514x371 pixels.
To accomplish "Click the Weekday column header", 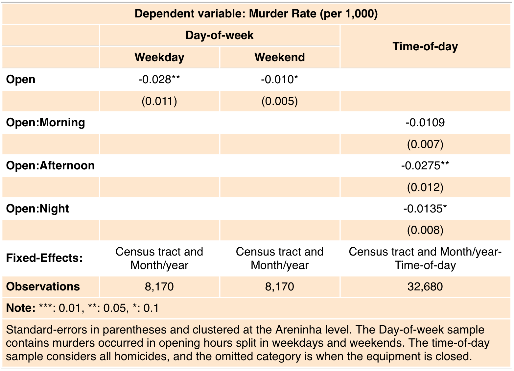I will [x=159, y=57].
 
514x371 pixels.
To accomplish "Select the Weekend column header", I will [x=280, y=57].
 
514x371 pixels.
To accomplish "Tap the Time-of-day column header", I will [x=425, y=46].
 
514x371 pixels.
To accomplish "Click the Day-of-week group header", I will [x=220, y=35].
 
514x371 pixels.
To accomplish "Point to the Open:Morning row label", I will [x=46, y=122].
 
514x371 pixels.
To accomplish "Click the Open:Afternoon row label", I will [x=50, y=165].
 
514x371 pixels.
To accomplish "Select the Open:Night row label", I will [x=37, y=209].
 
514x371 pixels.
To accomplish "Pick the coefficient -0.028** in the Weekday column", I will [x=159, y=79].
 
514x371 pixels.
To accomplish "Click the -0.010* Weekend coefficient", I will [x=280, y=79].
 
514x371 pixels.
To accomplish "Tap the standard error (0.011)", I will [x=159, y=101].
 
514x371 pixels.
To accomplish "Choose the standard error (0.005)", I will [x=280, y=101].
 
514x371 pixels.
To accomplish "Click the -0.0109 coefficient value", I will [x=425, y=122].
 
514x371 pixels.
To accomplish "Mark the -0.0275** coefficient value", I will [x=425, y=165].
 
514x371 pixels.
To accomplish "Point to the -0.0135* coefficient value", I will [x=425, y=209].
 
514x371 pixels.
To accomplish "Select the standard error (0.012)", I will [x=425, y=187].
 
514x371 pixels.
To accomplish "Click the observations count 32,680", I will [x=425, y=286].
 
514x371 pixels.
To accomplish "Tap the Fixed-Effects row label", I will [x=44, y=258].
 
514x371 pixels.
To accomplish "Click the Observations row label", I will [x=43, y=286].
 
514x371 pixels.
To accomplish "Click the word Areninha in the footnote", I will [x=297, y=330].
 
